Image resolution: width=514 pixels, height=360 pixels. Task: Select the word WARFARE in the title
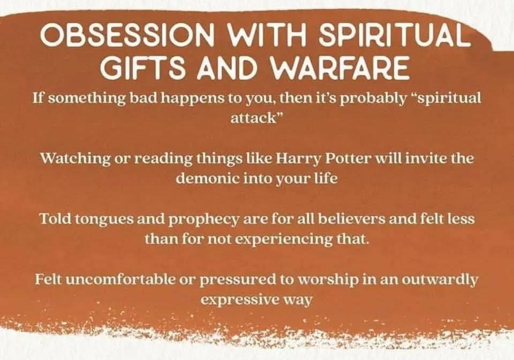click(x=339, y=68)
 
